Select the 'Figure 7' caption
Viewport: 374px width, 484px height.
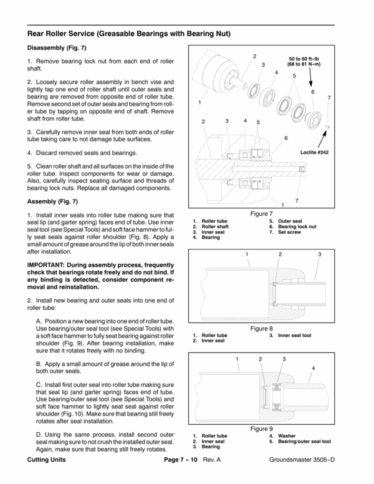tap(262, 213)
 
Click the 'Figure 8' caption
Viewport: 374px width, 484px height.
tap(262, 329)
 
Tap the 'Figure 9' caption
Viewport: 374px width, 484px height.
tap(262, 428)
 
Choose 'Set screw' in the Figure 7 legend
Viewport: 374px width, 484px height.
tap(290, 232)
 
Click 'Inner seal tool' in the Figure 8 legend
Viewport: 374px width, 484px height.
tap(294, 336)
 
